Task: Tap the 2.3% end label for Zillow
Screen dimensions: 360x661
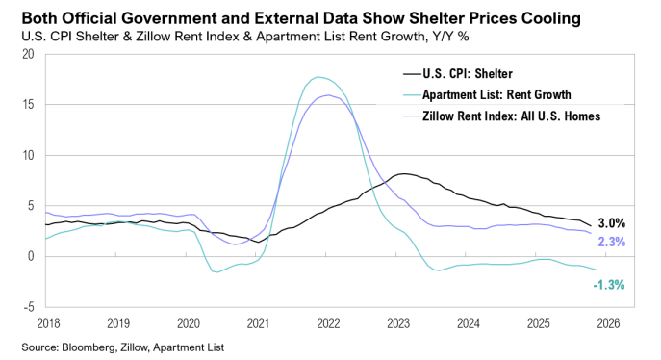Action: coord(612,242)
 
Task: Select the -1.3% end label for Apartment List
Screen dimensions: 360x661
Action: coord(609,285)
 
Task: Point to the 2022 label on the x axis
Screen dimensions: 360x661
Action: coord(326,324)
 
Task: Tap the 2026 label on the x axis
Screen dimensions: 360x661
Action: coord(607,324)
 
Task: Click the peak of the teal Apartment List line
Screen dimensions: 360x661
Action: coord(318,77)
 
